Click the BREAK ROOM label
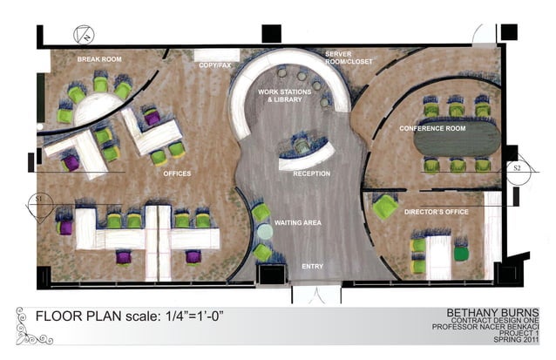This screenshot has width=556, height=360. pyautogui.click(x=98, y=59)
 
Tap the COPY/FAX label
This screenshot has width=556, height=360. pyautogui.click(x=214, y=65)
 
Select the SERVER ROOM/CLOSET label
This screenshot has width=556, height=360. pyautogui.click(x=343, y=58)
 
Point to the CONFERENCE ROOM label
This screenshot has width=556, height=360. pyautogui.click(x=432, y=128)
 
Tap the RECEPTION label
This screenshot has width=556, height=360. pyautogui.click(x=311, y=173)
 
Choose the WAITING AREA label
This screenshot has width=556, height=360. pyautogui.click(x=298, y=223)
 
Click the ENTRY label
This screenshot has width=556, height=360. pyautogui.click(x=312, y=266)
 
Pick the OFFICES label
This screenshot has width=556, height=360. pyautogui.click(x=177, y=173)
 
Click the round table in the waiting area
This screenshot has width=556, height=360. pyautogui.click(x=265, y=232)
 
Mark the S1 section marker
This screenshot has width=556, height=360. pyautogui.click(x=37, y=200)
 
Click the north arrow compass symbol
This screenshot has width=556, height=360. pyautogui.click(x=85, y=36)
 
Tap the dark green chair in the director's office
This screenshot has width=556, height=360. pyautogui.click(x=460, y=254)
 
